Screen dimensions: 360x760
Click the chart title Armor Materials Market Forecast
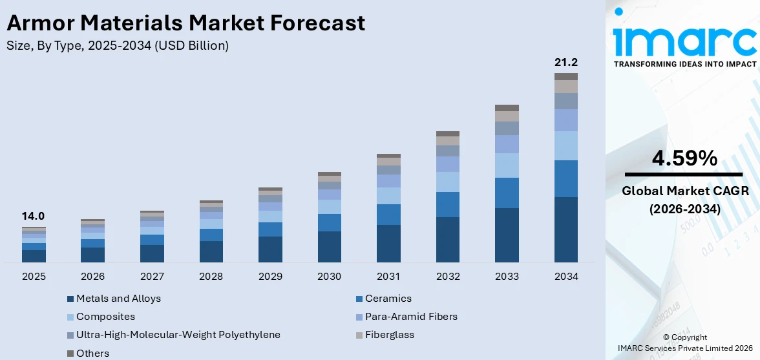coord(185,23)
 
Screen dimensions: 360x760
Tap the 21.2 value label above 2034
coord(565,63)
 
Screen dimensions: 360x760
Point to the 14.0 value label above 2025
coord(34,217)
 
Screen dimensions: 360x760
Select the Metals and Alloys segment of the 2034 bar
coord(565,229)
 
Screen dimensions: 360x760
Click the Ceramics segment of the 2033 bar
coord(507,193)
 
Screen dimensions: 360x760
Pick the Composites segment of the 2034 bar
coord(565,145)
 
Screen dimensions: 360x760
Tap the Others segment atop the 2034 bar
coord(565,76)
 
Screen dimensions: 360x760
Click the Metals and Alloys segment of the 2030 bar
coord(330,246)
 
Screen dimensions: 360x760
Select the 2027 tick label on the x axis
coord(153,277)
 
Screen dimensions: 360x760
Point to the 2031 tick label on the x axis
coord(388,277)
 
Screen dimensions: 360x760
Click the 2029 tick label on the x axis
coord(270,277)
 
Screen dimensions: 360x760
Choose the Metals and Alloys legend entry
coord(118,299)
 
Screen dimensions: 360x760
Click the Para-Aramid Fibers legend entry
coord(411,317)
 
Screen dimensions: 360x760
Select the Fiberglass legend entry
coord(389,335)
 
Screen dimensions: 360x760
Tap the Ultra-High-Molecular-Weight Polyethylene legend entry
coord(178,335)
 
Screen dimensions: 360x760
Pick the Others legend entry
coord(92,353)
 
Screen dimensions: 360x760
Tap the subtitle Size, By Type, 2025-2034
coord(117,46)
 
